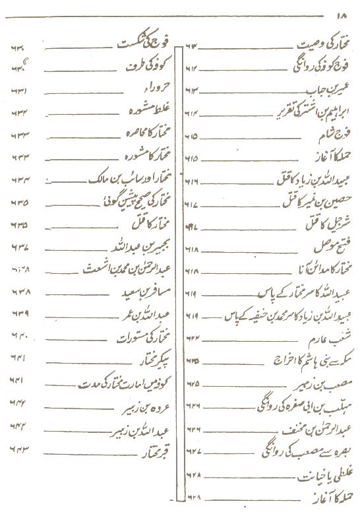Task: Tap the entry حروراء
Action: (x=156, y=89)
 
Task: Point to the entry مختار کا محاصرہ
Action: (x=146, y=135)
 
